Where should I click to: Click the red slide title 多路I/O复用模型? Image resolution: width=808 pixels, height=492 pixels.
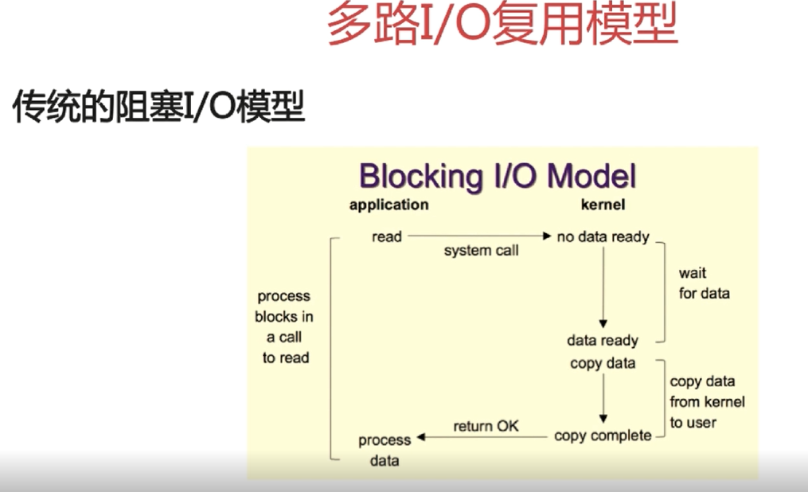click(502, 25)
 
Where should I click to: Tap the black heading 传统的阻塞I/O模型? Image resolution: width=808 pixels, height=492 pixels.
click(159, 107)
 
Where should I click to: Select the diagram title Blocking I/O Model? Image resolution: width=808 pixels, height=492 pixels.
click(498, 176)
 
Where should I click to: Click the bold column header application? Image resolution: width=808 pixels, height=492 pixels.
click(389, 205)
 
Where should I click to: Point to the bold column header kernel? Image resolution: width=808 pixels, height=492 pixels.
click(603, 205)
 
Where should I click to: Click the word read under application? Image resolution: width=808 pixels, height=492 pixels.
click(387, 236)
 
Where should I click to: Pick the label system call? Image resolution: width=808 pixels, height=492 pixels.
click(481, 251)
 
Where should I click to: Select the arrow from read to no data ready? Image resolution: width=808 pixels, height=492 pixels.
click(478, 236)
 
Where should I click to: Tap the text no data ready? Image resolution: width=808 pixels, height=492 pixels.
click(603, 236)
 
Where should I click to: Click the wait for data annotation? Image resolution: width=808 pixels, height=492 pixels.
click(704, 283)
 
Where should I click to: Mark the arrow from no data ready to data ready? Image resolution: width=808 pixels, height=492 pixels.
click(603, 287)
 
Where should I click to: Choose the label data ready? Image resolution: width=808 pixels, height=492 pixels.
click(603, 341)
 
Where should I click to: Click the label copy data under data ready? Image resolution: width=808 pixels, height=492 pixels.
click(603, 363)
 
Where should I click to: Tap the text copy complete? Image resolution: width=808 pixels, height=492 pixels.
click(603, 435)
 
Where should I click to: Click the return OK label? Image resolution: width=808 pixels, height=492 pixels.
click(486, 426)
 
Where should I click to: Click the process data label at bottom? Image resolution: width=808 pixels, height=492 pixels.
click(384, 450)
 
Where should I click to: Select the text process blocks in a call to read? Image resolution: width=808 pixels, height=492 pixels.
click(284, 327)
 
